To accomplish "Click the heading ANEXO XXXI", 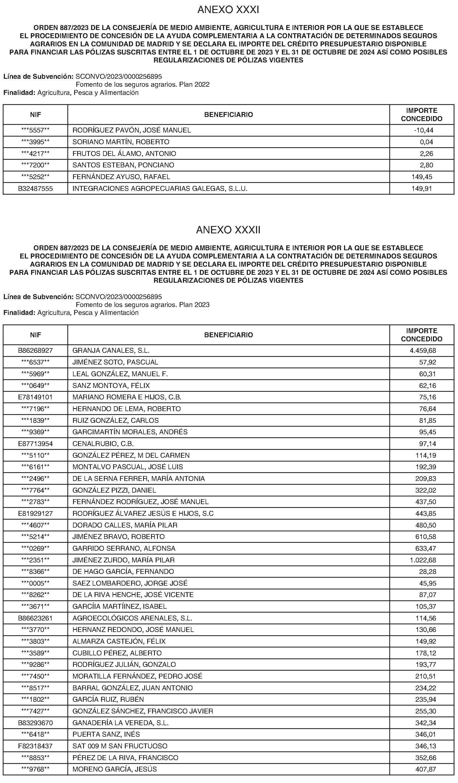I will coord(228,10).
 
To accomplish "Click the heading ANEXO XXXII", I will coord(228,230).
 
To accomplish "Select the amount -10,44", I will coord(423,130).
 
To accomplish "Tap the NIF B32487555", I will coord(35,189).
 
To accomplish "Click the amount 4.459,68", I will coord(423,351).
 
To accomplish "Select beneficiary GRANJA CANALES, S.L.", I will coord(111,351).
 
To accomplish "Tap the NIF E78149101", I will coord(35,397).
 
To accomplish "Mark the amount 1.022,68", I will coord(423,560).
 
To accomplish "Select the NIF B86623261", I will coord(35,618).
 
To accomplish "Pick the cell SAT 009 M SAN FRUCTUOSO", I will coord(120,746).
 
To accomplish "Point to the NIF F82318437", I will coord(35,746).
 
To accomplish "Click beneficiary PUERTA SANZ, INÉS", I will coord(106,734).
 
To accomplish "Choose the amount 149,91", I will coord(422,189).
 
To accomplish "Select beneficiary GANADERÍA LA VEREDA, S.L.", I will coord(120,723).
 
